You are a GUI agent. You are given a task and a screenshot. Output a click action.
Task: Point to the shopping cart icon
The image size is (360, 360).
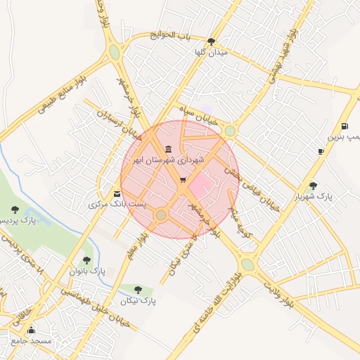(x=183, y=180)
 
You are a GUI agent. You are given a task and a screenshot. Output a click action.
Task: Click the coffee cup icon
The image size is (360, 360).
(x=321, y=151)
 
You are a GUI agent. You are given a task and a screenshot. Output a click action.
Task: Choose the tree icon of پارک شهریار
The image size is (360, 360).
(x=313, y=186)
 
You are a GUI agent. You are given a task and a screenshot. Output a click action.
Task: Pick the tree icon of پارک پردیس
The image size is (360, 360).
(x=15, y=210)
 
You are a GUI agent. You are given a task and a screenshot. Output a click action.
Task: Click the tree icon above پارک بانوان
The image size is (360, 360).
(x=87, y=260)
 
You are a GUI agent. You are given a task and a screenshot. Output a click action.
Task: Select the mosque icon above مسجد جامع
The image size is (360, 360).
(x=30, y=330)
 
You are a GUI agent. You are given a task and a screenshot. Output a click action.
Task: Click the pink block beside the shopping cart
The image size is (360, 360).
(x=202, y=186)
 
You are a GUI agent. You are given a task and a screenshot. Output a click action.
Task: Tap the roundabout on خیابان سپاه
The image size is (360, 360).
(x=230, y=130)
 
